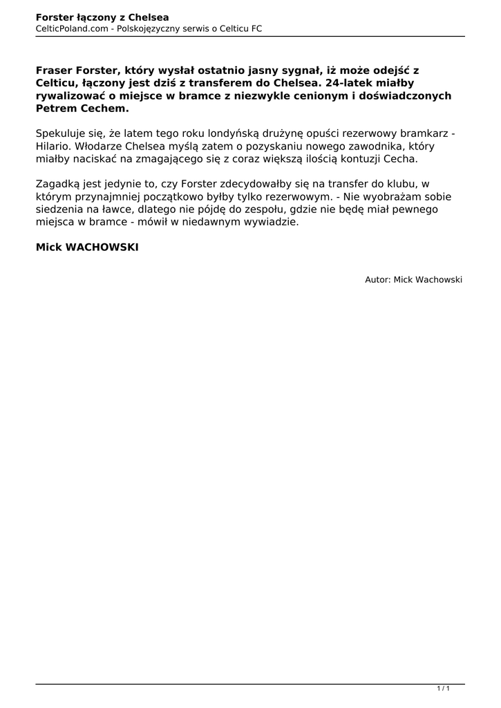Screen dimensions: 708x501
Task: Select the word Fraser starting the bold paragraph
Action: (53, 71)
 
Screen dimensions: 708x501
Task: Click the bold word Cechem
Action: (105, 109)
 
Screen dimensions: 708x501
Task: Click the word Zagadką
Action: (57, 184)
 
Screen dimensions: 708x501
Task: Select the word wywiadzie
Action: (273, 222)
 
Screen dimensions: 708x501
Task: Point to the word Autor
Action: (377, 279)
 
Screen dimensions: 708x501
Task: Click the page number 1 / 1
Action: (444, 689)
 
